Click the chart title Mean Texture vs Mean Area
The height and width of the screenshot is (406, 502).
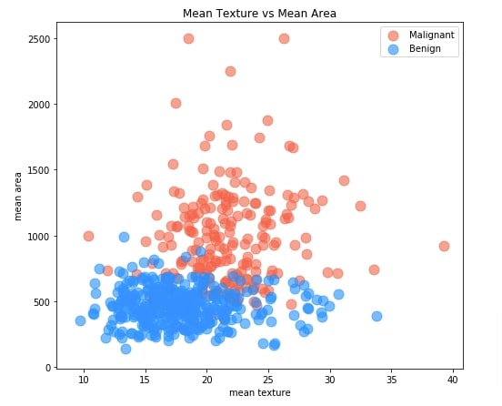259,13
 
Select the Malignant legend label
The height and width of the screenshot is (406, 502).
433,35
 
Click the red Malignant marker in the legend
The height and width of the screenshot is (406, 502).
393,35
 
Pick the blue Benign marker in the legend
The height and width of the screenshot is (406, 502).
393,48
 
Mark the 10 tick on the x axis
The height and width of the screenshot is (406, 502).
84,380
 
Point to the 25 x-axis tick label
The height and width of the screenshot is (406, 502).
268,380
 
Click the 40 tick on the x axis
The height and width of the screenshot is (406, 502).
453,380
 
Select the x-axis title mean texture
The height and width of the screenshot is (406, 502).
259,393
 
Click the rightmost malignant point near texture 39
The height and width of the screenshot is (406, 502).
444,246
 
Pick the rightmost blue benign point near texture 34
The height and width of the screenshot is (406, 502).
376,316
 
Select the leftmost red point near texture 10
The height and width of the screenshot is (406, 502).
88,236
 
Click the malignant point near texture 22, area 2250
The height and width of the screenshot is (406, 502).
230,71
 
